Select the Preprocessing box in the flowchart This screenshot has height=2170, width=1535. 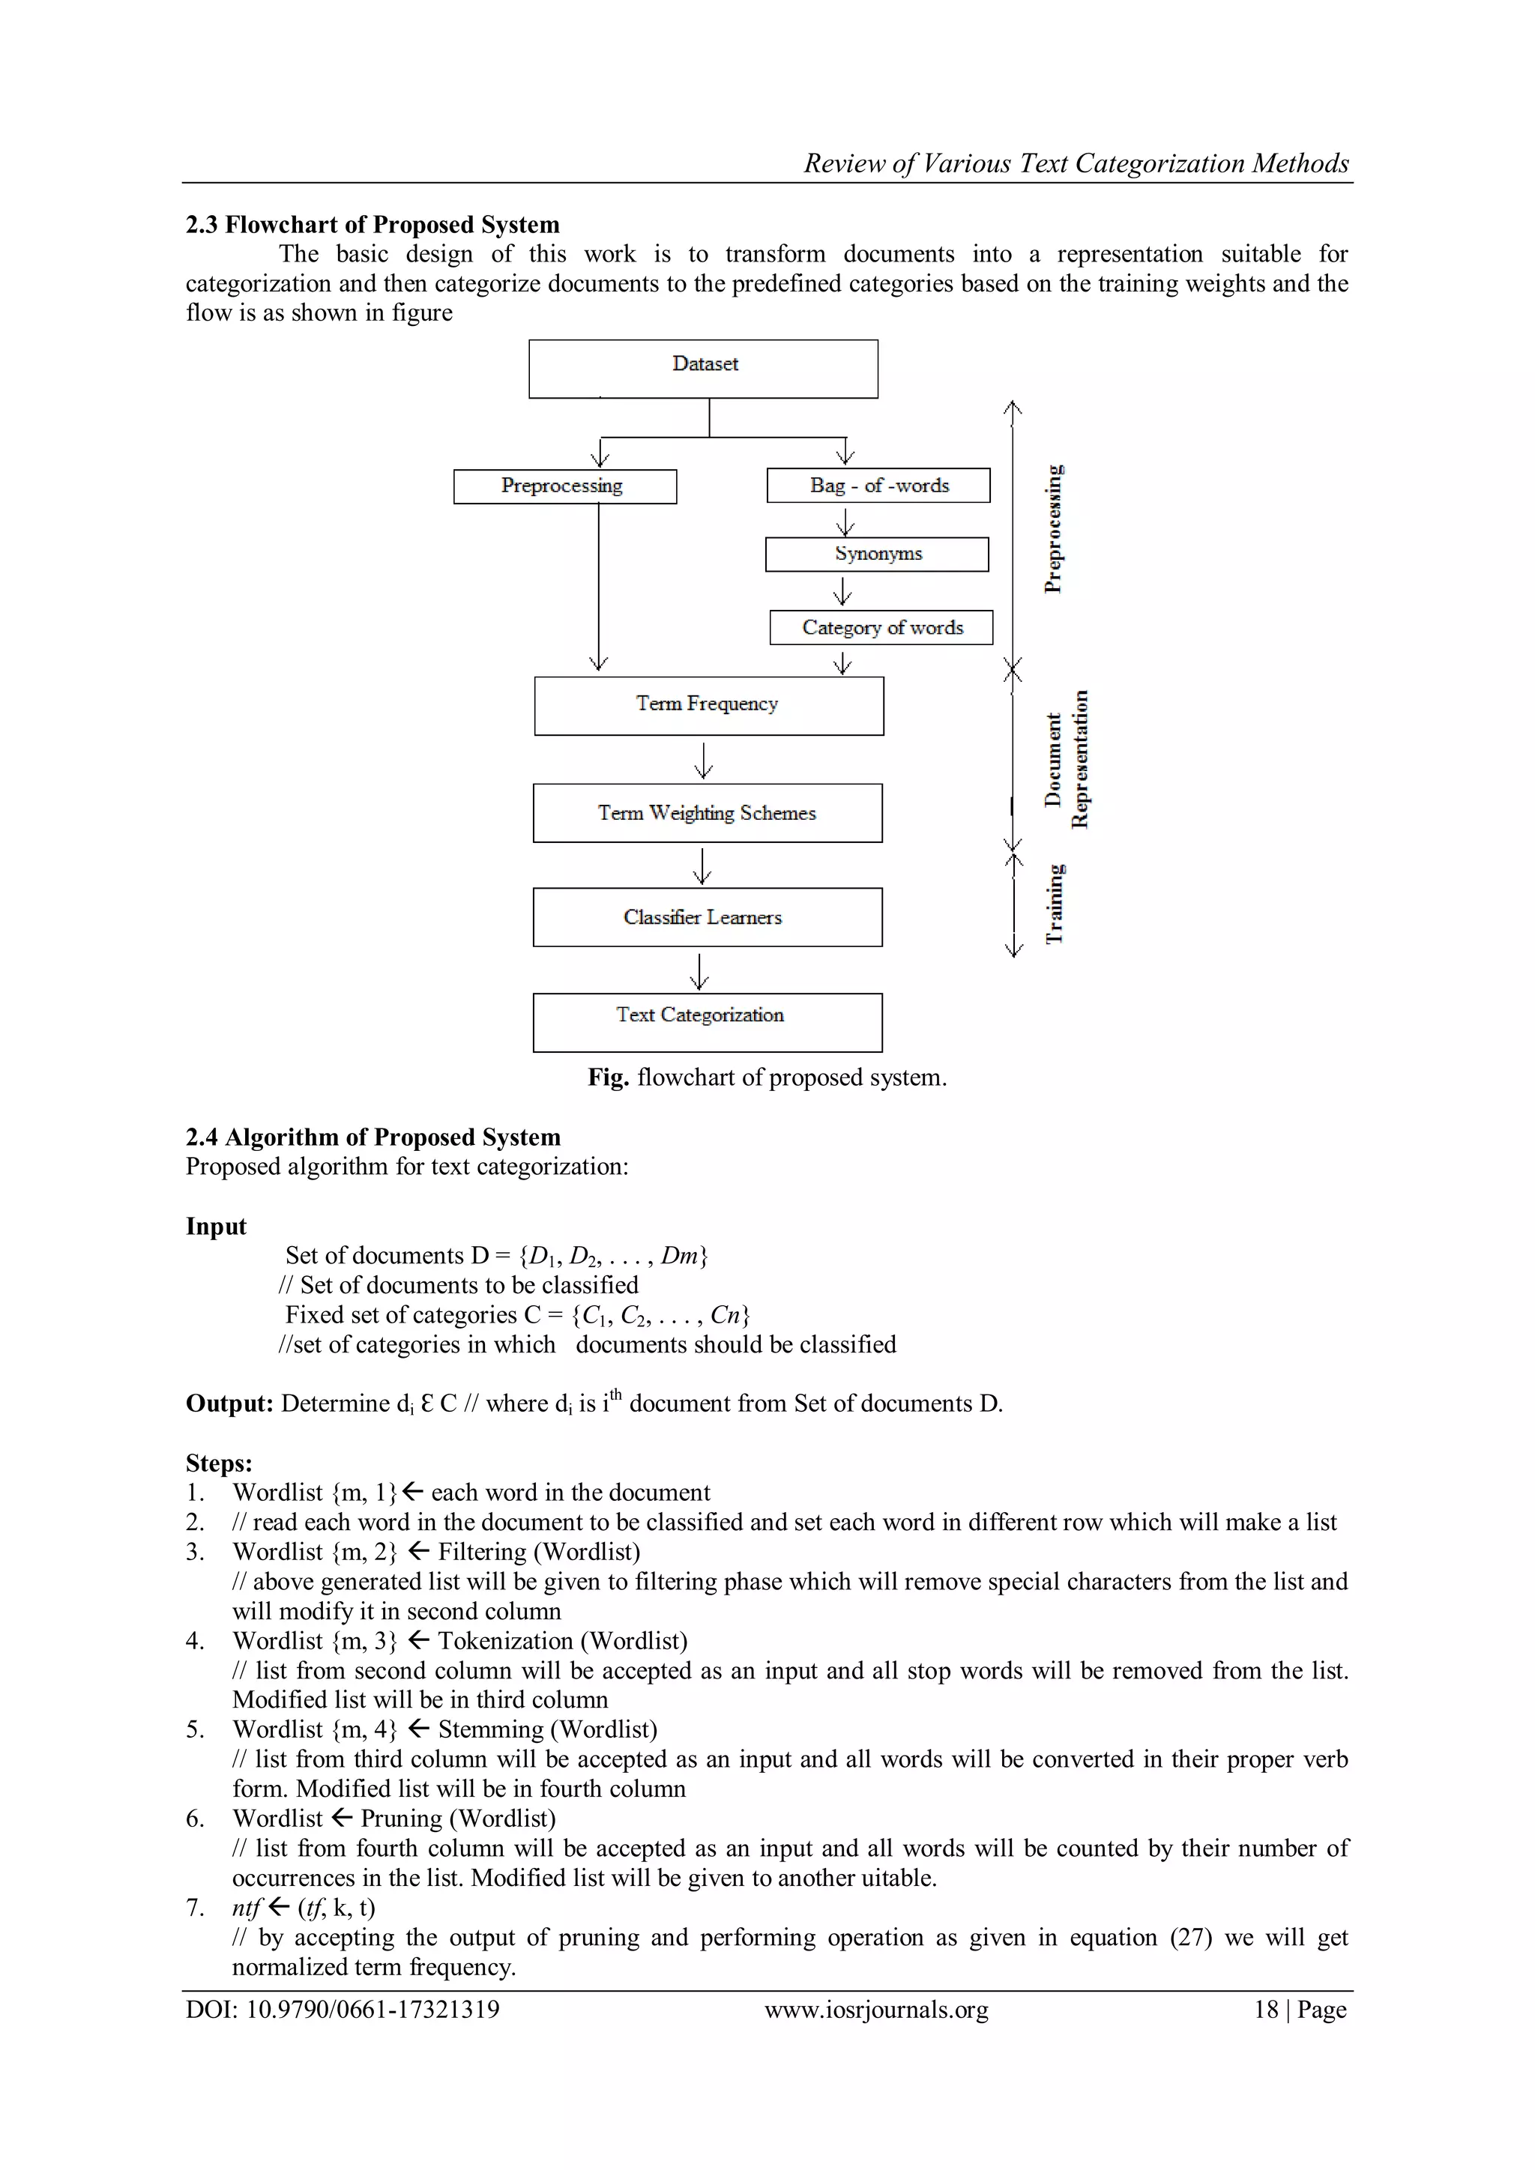click(564, 486)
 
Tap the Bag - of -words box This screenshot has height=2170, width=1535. click(878, 485)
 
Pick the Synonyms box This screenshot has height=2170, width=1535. click(877, 554)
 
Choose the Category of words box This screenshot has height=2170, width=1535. click(881, 628)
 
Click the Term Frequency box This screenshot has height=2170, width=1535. click(708, 705)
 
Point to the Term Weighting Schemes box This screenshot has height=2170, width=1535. click(707, 813)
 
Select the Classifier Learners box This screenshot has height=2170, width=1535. click(707, 916)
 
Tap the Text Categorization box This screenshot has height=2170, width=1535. click(707, 1021)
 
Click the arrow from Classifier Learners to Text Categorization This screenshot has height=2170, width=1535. click(699, 970)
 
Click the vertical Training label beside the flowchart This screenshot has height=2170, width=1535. click(1054, 904)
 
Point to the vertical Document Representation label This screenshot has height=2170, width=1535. click(1067, 760)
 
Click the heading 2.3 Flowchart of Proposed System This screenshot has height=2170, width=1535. click(373, 225)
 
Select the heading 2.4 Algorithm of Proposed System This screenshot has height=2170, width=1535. click(373, 1137)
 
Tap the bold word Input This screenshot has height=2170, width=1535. click(216, 1227)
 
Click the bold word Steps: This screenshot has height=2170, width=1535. click(218, 1463)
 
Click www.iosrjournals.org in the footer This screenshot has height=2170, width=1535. click(876, 2010)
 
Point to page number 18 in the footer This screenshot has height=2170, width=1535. click(1266, 2010)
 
